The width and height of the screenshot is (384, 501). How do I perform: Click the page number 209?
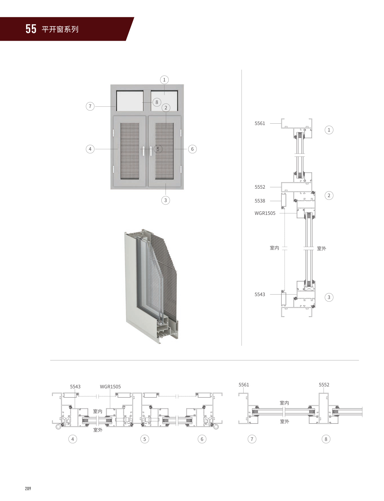28,489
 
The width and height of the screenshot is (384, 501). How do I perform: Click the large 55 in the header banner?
31,29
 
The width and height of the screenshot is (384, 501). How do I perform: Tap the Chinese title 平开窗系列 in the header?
60,29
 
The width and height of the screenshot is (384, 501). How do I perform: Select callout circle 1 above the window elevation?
164,80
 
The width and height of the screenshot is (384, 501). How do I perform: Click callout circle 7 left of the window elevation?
90,106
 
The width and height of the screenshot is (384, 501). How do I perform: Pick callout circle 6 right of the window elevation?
192,149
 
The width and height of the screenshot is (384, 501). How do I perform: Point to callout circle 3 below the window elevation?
166,200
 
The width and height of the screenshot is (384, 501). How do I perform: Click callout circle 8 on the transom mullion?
157,102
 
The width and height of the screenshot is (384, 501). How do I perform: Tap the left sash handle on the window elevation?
144,151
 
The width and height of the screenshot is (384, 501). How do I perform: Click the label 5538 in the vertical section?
260,201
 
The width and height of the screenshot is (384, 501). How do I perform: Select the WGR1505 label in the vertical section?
265,213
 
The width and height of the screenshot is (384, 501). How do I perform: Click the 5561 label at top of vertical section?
260,123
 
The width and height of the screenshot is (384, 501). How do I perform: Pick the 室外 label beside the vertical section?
321,248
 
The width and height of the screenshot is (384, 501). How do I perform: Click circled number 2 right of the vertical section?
329,195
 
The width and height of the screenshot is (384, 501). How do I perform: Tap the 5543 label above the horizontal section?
75,387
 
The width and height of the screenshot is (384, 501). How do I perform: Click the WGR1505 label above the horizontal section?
110,387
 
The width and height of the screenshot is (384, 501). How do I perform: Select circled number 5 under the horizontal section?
145,439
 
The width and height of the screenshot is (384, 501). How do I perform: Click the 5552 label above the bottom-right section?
324,385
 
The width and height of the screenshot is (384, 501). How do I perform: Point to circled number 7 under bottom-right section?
252,439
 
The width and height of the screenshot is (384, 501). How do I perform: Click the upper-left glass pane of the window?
130,101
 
